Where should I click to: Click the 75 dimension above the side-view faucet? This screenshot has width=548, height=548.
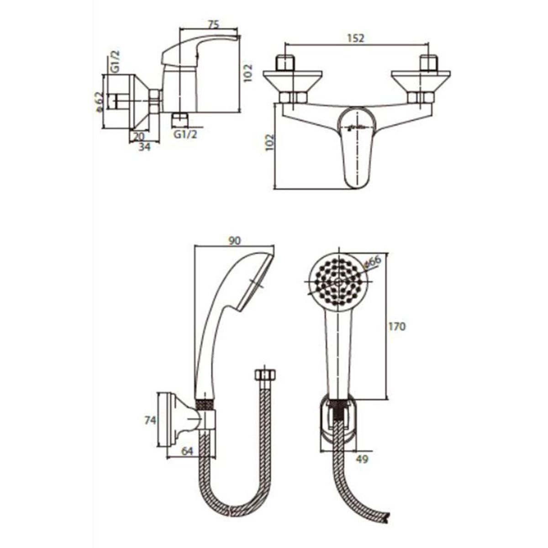point(214,25)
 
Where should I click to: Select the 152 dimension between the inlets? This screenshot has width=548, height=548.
point(355,38)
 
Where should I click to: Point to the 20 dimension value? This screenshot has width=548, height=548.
point(138,137)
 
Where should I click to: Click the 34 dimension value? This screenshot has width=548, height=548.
point(145,147)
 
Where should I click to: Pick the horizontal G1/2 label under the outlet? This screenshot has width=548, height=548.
point(185,134)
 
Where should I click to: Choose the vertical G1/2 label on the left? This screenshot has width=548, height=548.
point(115,62)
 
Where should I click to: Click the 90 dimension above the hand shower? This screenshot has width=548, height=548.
point(234,241)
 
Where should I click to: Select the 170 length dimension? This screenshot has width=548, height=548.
point(397,327)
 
